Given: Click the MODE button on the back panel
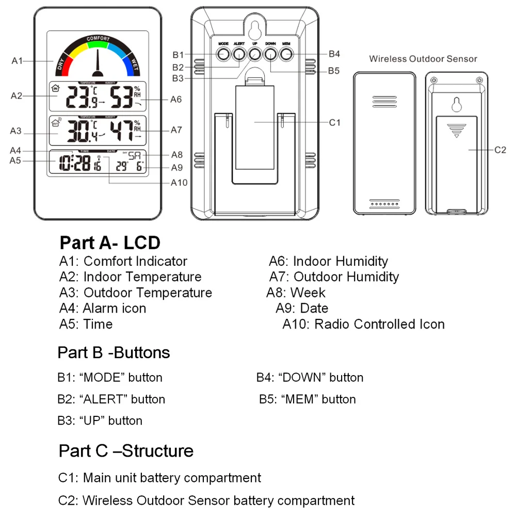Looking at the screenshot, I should click(x=223, y=53).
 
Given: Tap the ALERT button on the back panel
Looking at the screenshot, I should click(x=238, y=53).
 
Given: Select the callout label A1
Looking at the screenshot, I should click(x=18, y=61).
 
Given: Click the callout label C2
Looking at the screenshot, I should click(x=500, y=150).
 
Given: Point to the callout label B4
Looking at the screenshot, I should click(x=334, y=54).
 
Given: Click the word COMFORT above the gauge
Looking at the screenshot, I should click(x=98, y=39).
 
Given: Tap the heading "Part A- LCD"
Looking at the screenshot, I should click(x=110, y=243).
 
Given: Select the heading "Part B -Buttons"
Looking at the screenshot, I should click(x=114, y=352).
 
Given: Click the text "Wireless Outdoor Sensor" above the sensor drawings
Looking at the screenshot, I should click(x=423, y=59).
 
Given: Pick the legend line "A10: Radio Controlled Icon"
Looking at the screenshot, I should click(x=363, y=324).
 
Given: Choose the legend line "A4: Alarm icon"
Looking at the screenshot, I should click(x=103, y=308).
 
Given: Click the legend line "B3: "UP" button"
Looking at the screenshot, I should click(x=100, y=421).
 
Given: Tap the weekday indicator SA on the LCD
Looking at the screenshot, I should click(x=134, y=155).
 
